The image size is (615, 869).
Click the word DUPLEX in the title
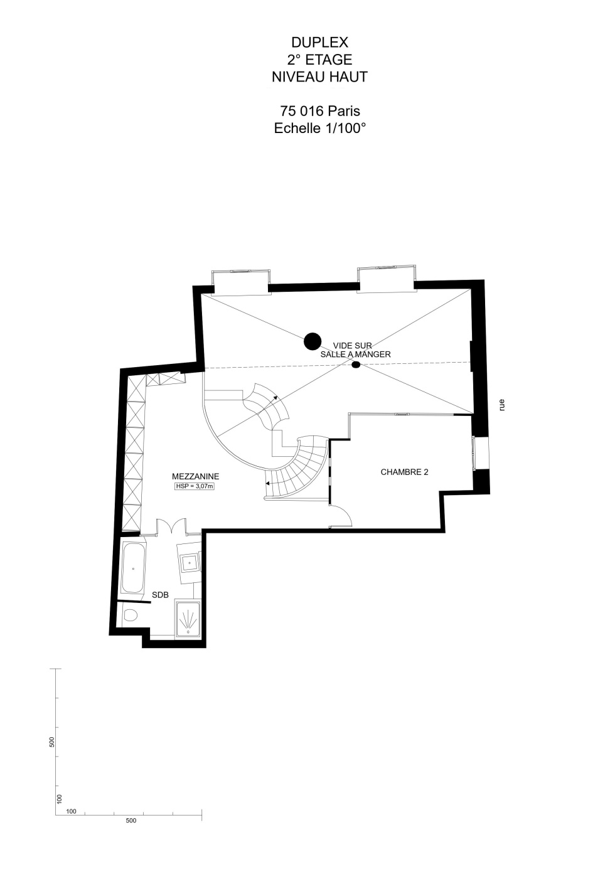point(319,42)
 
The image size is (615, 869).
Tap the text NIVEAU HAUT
point(319,77)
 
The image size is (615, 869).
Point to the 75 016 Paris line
point(320,111)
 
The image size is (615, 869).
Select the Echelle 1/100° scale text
point(320,128)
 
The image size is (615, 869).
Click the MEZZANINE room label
point(196,476)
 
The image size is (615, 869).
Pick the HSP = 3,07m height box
point(195,486)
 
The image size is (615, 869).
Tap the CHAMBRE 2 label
point(404,472)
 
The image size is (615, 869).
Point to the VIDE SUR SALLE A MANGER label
point(355,349)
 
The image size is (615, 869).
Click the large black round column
point(313,341)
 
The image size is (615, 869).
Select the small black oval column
point(356,365)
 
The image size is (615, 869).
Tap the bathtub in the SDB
point(134,568)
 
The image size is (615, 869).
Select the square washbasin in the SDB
point(190,563)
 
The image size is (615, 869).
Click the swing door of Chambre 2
point(341,516)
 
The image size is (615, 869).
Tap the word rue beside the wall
point(502,405)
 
